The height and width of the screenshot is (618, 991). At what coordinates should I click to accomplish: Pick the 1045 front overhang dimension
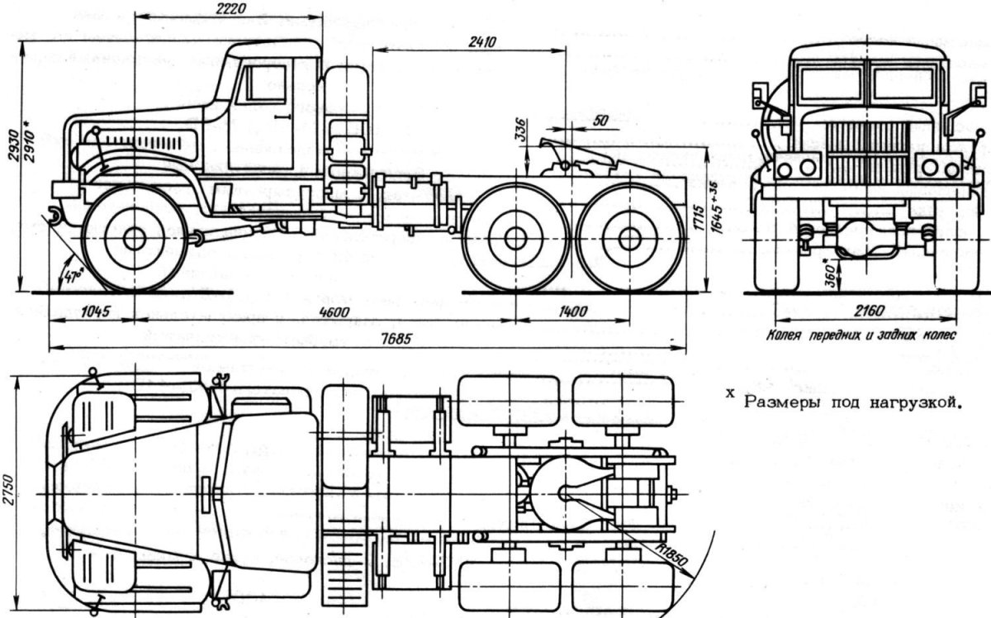point(97,311)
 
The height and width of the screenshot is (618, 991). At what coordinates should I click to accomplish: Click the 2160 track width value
point(867,311)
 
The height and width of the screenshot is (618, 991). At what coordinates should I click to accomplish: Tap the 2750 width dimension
point(7,494)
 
